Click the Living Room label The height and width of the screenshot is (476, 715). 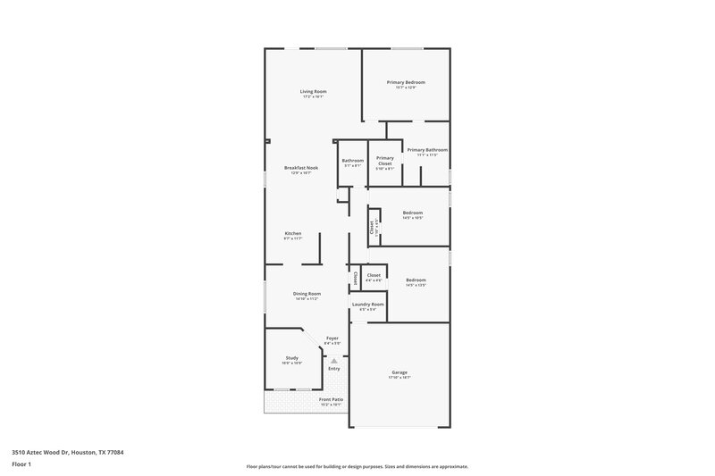pos(312,91)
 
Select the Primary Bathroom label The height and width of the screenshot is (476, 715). pos(427,150)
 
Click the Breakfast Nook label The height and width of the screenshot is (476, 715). pos(301,168)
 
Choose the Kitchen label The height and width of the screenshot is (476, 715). pos(293,233)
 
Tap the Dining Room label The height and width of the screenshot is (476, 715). pos(307,294)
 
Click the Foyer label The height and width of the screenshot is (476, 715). pos(332,338)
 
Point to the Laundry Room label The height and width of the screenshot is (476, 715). pos(367,305)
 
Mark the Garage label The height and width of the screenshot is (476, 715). pos(400,372)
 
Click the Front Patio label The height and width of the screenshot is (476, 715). pos(331,399)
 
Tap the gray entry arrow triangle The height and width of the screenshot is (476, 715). pos(333,360)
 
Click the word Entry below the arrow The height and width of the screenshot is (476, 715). pos(333,369)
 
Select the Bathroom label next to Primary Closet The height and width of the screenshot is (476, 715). pos(351,161)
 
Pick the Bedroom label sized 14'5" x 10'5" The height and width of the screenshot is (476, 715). pos(412,213)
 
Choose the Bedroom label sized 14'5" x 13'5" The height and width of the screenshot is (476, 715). pos(416,280)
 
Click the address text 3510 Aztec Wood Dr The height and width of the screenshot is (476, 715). pos(67,453)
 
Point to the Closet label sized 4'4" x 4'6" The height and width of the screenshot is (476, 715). pos(373,275)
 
